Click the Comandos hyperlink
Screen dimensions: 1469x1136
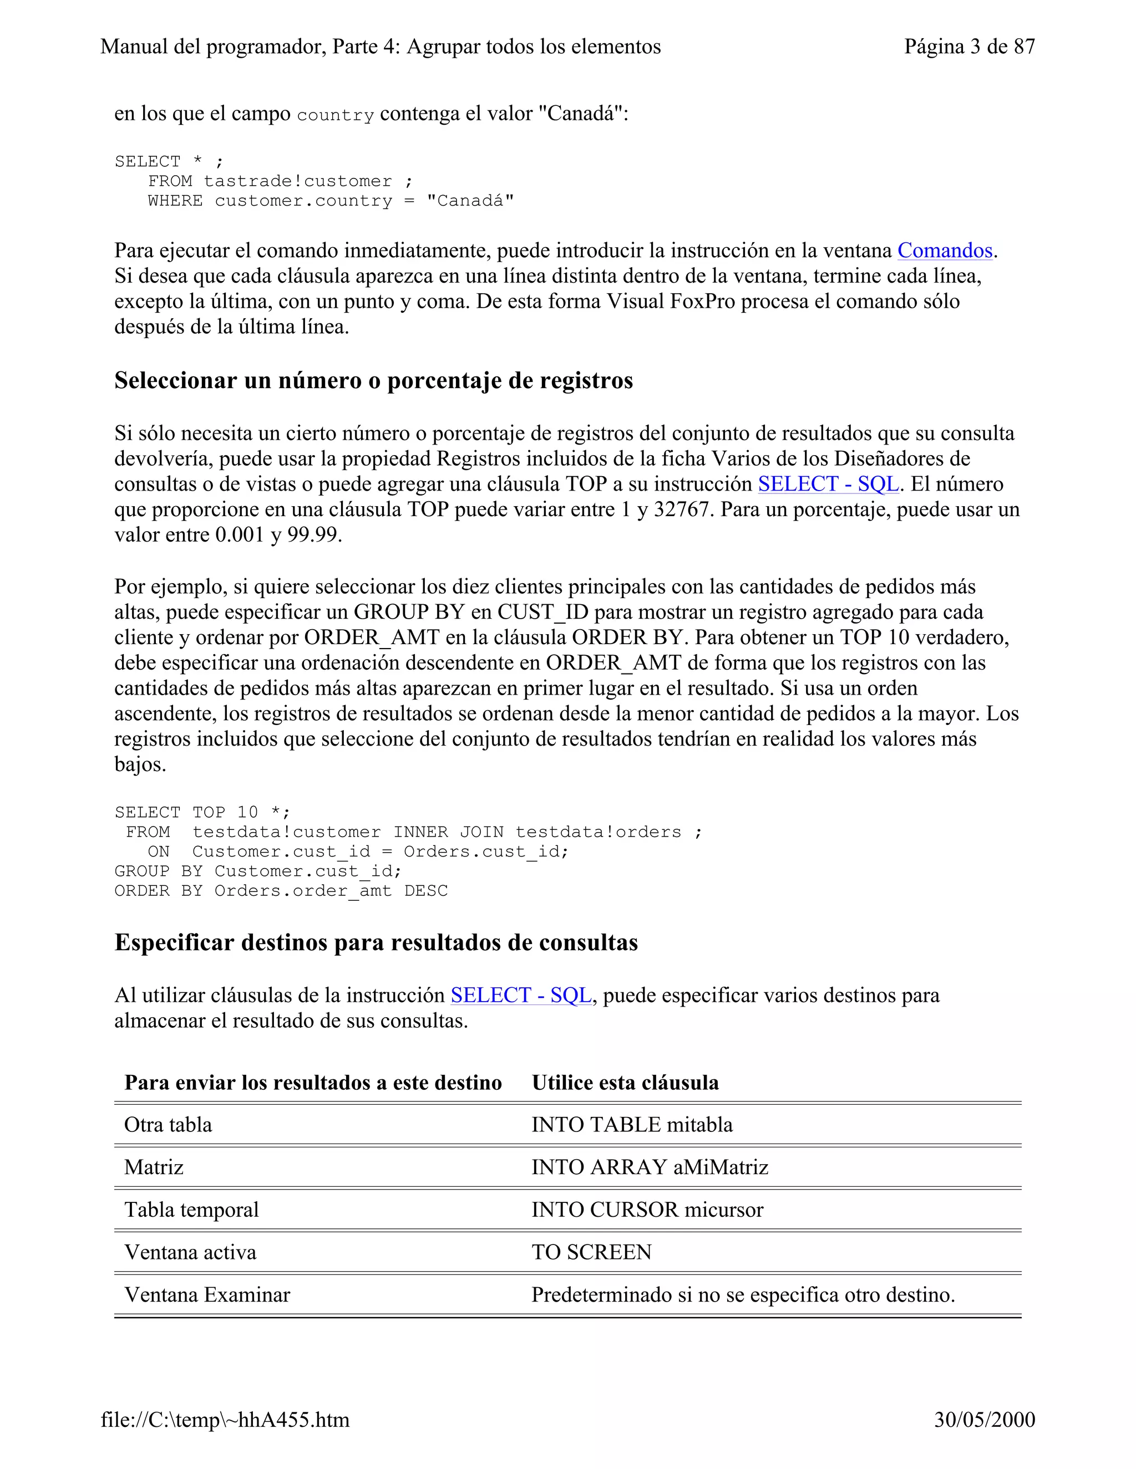(944, 251)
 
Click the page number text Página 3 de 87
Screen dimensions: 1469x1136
(969, 47)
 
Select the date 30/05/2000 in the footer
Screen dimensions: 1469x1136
(984, 1419)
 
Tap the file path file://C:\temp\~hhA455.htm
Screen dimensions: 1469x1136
(225, 1419)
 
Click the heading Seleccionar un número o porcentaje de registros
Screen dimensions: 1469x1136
(373, 381)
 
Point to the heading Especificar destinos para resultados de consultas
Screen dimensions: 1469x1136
(376, 942)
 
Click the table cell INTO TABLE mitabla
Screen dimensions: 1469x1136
(631, 1125)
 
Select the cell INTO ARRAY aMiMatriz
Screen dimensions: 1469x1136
(650, 1167)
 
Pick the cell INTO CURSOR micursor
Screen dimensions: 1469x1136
(647, 1210)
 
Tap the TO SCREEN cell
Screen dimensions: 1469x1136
(591, 1252)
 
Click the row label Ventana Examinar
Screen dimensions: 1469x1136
(207, 1294)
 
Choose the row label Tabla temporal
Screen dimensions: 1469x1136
(191, 1210)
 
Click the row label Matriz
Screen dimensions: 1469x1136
(154, 1167)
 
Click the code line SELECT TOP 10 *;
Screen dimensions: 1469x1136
(202, 813)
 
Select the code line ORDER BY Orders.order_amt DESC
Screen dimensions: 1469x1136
(281, 891)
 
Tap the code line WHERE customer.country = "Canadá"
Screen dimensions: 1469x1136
(331, 201)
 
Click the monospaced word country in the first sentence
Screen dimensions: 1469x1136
(334, 116)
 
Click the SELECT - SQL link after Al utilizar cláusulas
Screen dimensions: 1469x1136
(521, 996)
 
